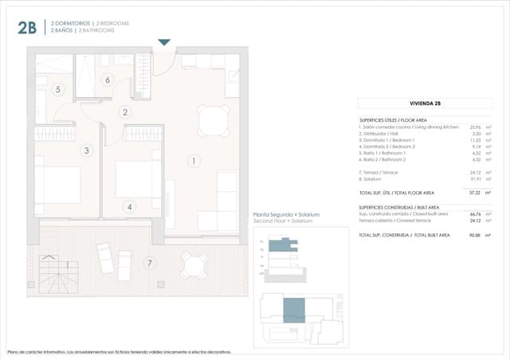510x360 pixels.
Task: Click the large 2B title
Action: pyautogui.click(x=26, y=28)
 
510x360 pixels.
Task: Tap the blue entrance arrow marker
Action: pyautogui.click(x=164, y=42)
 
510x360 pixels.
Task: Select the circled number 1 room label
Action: pyautogui.click(x=193, y=161)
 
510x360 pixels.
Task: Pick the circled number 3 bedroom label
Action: pyautogui.click(x=88, y=150)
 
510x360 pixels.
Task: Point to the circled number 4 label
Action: pyautogui.click(x=130, y=207)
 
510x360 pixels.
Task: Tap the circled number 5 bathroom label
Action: pyautogui.click(x=57, y=90)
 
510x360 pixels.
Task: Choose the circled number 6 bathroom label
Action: pyautogui.click(x=108, y=79)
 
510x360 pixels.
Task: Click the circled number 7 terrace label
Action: pyautogui.click(x=149, y=263)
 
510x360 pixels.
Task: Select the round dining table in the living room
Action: pyautogui.click(x=213, y=120)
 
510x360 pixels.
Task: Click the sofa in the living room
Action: pyautogui.click(x=227, y=202)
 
